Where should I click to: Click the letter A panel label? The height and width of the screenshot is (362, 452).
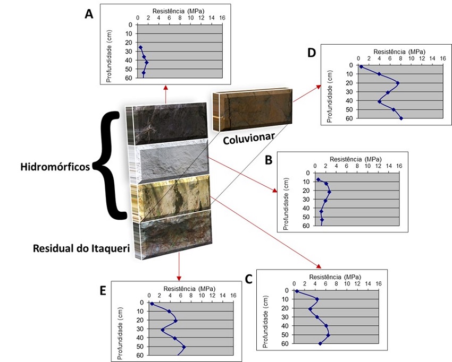coord(89,13)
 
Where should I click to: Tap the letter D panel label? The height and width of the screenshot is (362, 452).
coord(312,53)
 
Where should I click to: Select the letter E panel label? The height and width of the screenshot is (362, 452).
coord(103,291)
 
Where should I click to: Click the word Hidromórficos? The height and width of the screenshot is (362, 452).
coord(55,167)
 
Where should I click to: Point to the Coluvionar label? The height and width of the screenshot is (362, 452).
coord(248,139)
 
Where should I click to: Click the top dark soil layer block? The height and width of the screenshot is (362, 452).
coord(166,124)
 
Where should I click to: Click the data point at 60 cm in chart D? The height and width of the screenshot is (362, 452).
coord(401,118)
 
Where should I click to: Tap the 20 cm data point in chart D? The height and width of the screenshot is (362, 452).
coord(398,83)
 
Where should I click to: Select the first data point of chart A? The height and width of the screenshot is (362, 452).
coord(141,47)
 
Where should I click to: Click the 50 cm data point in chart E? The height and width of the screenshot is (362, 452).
coord(184,347)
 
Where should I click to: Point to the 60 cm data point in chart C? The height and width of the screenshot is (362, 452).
coord(320,343)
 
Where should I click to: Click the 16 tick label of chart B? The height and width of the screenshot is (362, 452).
coord(399,166)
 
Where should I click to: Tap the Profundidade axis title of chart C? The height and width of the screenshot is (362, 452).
coord(265,322)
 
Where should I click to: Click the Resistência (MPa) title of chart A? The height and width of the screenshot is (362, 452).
coord(178,11)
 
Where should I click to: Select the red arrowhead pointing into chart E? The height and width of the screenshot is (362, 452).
coord(179,279)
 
